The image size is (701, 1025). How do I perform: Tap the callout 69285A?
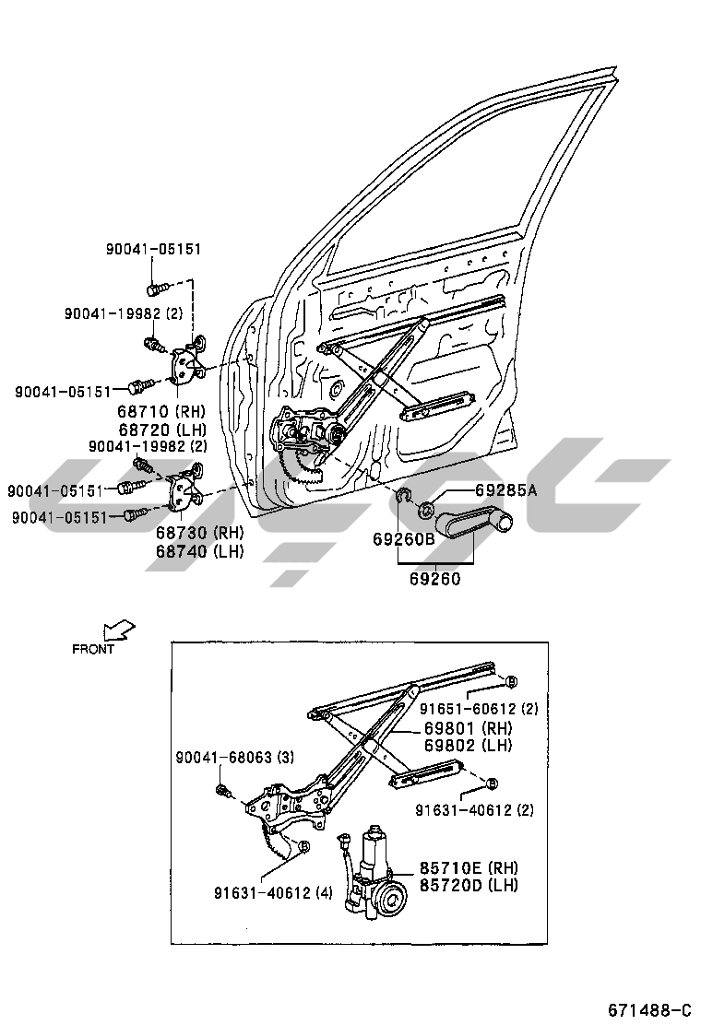(x=505, y=490)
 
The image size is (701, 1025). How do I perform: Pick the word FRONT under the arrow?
(x=94, y=649)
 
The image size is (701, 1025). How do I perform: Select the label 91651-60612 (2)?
(x=480, y=709)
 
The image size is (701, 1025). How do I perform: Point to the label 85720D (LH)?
(x=469, y=885)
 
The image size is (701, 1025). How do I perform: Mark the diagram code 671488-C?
(x=648, y=1008)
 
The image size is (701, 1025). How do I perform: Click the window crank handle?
(x=475, y=526)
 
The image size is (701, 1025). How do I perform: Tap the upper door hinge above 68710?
(x=188, y=362)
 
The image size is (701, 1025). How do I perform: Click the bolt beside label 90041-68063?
(x=222, y=790)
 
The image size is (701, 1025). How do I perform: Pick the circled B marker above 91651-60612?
(x=510, y=681)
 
